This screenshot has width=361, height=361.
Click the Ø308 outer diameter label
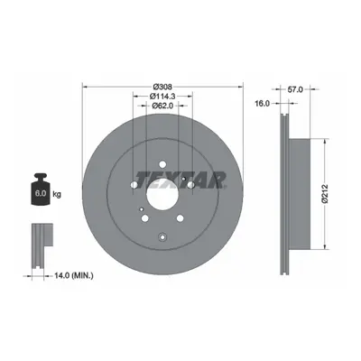[162, 87]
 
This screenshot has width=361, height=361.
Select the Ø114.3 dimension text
[162, 97]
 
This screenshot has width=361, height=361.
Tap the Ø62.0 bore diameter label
[162, 106]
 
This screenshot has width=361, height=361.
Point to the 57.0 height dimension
[295, 89]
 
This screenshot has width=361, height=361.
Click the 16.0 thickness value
[262, 103]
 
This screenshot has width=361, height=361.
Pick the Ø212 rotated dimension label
[325, 193]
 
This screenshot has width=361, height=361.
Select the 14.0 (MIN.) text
[74, 275]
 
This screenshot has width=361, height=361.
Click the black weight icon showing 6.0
[41, 190]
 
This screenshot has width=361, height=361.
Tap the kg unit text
[57, 194]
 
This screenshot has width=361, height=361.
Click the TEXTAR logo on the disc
[180, 180]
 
